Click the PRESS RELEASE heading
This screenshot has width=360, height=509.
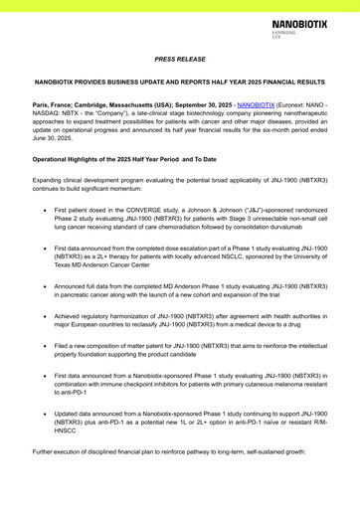180,60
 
